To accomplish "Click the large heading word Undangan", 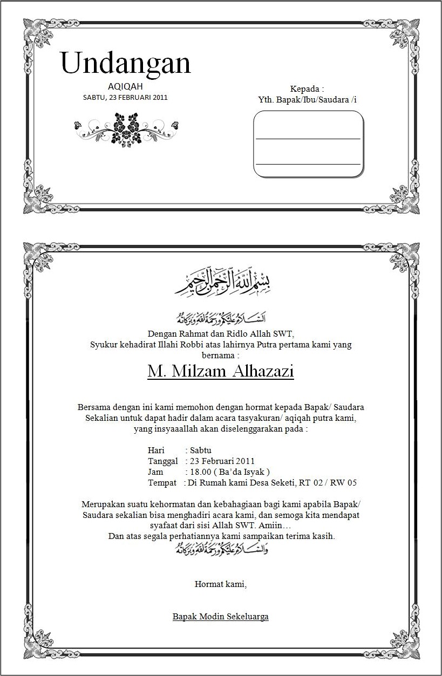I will (126, 64).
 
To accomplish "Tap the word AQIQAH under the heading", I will (125, 86).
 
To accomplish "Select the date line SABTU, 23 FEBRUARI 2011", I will (125, 98).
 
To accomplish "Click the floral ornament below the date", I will (126, 128).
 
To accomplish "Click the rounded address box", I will (308, 144).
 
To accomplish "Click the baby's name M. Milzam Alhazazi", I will (221, 372).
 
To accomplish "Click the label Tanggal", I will (162, 461).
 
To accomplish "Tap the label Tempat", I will (162, 483).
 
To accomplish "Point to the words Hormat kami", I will (220, 584).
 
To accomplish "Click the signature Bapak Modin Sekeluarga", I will (220, 616).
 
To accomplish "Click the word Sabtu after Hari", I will (201, 450).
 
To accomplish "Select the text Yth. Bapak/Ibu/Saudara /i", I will (308, 100).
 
